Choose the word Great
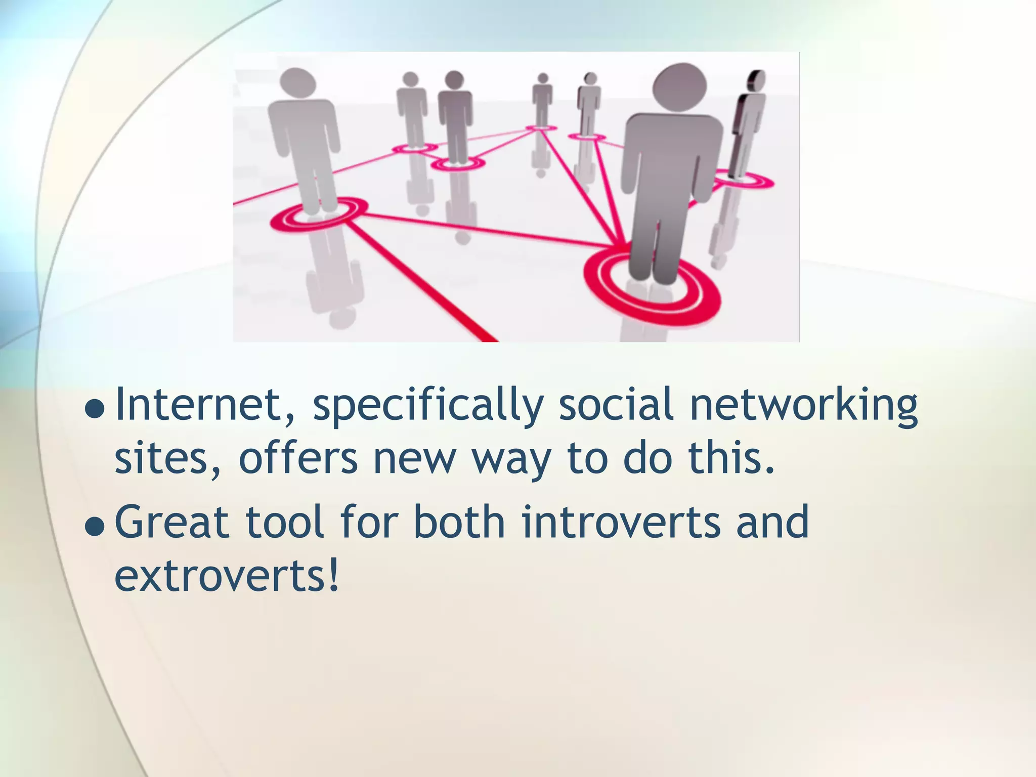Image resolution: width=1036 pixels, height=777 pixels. (x=172, y=522)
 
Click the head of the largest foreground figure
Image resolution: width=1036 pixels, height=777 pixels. (x=679, y=85)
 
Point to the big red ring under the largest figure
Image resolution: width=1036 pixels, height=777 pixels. (x=653, y=293)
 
